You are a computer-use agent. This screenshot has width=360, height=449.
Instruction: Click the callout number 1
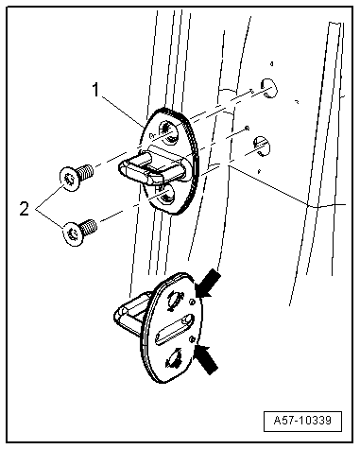[96, 90]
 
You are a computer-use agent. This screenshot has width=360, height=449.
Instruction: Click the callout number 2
[25, 208]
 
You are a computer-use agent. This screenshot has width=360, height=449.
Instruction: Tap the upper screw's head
[69, 179]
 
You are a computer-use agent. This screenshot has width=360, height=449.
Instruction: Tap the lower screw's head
[74, 233]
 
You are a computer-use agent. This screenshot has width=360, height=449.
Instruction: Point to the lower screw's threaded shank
[89, 226]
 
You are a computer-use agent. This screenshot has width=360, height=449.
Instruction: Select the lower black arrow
[207, 359]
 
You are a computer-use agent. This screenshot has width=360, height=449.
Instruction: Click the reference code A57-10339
[302, 421]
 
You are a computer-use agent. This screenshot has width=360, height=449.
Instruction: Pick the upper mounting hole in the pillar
[268, 88]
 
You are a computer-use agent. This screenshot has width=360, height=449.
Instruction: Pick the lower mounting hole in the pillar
[262, 146]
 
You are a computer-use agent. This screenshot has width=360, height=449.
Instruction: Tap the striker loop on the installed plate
[151, 167]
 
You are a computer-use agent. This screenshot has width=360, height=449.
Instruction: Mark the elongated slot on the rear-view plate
[173, 329]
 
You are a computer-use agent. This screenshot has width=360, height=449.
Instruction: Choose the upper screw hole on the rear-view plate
[174, 299]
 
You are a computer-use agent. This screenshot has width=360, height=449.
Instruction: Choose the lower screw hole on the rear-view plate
[173, 358]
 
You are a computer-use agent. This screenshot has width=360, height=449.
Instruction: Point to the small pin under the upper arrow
[192, 302]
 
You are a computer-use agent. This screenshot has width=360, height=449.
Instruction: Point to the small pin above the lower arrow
[191, 338]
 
